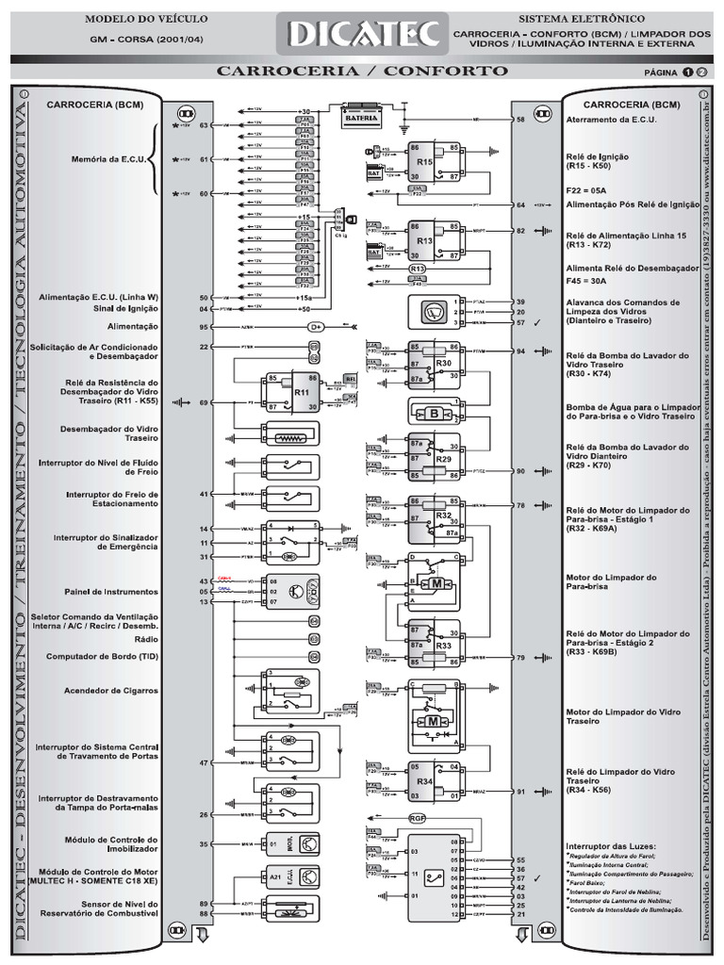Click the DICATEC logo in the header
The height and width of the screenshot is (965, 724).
[x=362, y=35]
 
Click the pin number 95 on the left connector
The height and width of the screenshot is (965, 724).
[x=203, y=327]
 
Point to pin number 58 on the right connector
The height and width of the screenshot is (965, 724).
[x=520, y=121]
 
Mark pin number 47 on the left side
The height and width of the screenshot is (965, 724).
[x=203, y=761]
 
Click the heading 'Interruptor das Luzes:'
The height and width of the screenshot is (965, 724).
[x=610, y=845]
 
